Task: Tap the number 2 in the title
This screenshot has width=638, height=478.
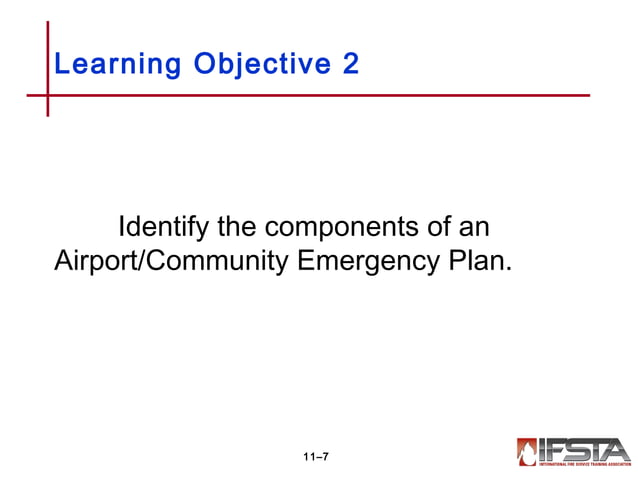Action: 350,64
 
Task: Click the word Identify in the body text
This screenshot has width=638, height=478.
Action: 161,226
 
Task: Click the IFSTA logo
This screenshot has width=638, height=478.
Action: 573,451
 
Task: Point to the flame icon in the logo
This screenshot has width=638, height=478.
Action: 527,451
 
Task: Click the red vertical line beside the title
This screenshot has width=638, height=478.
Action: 47,40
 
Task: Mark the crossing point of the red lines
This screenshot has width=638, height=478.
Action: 47,96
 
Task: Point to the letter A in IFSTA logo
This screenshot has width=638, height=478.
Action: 618,448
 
